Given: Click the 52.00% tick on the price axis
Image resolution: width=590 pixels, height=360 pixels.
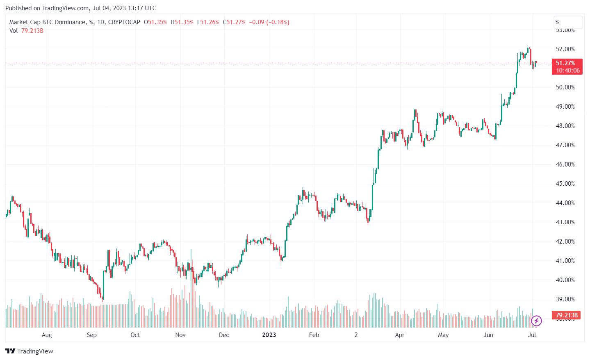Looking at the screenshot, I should click(x=565, y=49).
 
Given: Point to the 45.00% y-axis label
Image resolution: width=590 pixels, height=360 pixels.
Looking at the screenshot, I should click(x=565, y=184).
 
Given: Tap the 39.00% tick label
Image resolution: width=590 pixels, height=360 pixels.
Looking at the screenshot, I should click(x=565, y=299).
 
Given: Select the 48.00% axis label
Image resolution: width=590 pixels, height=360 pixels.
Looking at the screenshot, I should click(x=565, y=126).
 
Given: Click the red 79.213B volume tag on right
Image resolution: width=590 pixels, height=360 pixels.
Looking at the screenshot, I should click(x=567, y=315).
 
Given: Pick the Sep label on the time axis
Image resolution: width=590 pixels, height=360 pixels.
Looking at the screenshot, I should click(x=91, y=335).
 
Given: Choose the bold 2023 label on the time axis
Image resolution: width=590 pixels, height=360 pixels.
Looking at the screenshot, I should click(x=269, y=335).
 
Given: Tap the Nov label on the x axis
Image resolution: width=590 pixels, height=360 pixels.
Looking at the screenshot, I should click(x=180, y=335).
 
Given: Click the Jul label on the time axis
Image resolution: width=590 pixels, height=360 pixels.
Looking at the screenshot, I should click(x=532, y=335).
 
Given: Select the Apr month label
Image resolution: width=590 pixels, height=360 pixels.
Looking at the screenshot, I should click(x=399, y=335).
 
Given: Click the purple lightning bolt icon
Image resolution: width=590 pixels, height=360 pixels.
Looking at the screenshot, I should click(x=536, y=321).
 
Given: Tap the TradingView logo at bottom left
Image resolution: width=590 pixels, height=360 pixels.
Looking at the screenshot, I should click(x=29, y=351).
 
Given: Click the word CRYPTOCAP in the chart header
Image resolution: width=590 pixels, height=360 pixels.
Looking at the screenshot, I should click(x=124, y=22).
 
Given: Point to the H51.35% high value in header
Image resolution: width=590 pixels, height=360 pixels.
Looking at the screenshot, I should click(x=182, y=22).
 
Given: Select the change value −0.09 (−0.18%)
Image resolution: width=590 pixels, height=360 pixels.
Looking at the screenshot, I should click(x=269, y=22).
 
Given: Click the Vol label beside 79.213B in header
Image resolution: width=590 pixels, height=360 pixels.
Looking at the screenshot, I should click(x=14, y=31).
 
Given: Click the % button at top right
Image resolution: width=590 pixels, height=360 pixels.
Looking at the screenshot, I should click(x=568, y=22).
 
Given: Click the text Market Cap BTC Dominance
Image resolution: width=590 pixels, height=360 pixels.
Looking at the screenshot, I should click(x=47, y=22).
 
